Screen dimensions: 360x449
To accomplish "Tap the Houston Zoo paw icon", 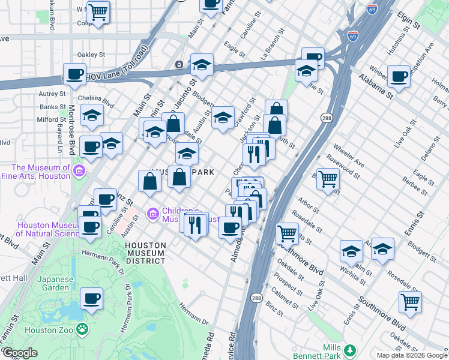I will tap(82, 329).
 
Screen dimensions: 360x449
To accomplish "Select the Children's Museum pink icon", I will tap(152, 214).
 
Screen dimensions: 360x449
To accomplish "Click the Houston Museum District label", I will tap(145, 253).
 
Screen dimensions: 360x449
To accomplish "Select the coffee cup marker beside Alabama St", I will tap(399, 76).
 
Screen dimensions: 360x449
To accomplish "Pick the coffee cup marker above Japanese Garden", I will tap(91, 298).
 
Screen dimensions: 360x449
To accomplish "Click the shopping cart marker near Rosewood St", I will tap(328, 178).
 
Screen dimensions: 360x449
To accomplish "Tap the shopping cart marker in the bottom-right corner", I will tap(410, 302).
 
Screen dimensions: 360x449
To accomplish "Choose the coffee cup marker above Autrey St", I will tap(75, 74).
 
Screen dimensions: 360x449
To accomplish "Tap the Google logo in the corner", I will tap(19, 353).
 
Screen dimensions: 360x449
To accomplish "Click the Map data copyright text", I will tap(412, 355).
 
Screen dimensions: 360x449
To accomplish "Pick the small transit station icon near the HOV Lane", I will tap(178, 64).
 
